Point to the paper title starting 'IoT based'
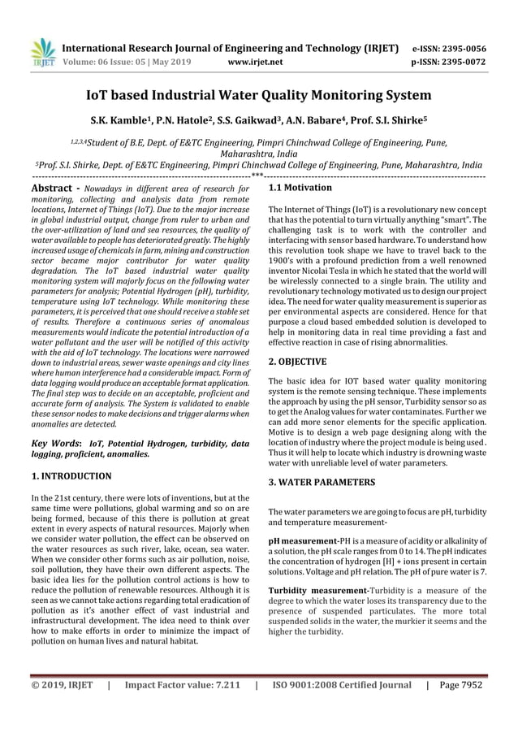click(259, 94)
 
